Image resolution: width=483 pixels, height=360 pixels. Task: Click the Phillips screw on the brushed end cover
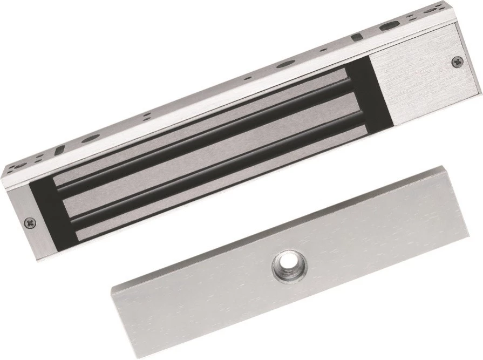[x=457, y=62]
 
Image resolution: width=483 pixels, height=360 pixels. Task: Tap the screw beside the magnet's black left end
[x=31, y=221]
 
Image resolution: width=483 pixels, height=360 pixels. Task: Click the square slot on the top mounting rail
[x=356, y=38]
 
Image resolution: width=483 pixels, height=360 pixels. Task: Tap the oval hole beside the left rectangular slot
[x=91, y=138]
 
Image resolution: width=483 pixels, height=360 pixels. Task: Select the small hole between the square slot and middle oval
[x=323, y=50]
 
